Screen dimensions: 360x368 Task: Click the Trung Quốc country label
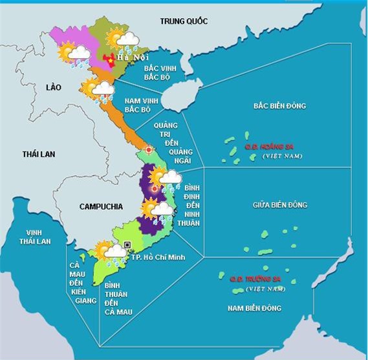[x=184, y=21]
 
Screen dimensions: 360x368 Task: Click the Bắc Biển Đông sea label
[x=279, y=105]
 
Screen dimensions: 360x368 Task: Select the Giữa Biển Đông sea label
[x=279, y=205]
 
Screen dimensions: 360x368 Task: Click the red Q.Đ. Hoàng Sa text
[x=263, y=147]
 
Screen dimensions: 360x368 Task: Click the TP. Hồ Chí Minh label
[x=158, y=257]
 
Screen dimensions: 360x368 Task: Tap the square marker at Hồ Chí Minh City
[x=127, y=244]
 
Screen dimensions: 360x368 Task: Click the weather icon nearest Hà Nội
[x=123, y=40]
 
